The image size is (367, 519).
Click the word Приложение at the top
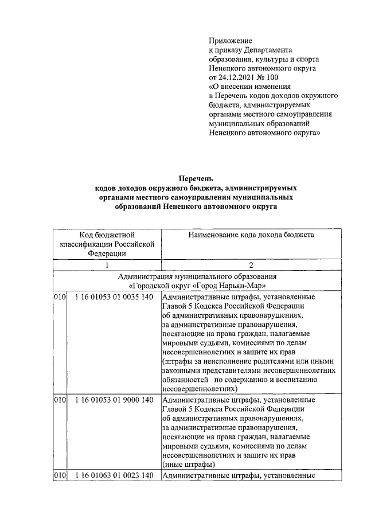click(x=231, y=40)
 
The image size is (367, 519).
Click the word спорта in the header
click(x=307, y=58)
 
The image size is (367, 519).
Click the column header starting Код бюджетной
click(x=107, y=235)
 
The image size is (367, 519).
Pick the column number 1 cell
click(x=107, y=266)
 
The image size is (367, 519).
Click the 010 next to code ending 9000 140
click(x=60, y=400)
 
